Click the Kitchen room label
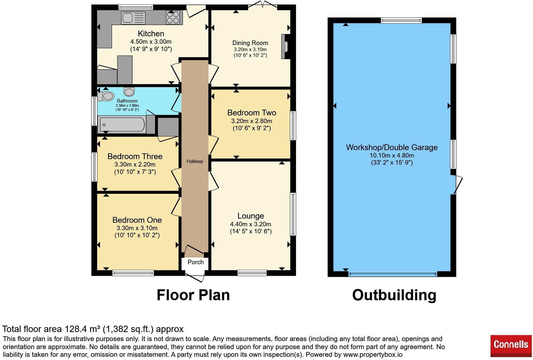click(x=151, y=33)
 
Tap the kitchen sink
click(x=133, y=18)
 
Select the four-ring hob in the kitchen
click(x=173, y=17)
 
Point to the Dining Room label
click(x=250, y=43)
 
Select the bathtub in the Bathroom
click(x=122, y=124)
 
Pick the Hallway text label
click(x=195, y=161)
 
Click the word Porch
click(x=196, y=262)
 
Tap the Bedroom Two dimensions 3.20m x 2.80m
click(x=252, y=121)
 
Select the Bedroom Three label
click(x=135, y=156)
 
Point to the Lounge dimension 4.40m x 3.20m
click(x=251, y=224)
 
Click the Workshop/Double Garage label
click(x=392, y=148)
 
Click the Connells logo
click(x=511, y=346)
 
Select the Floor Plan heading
click(x=193, y=295)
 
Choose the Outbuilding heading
click(x=394, y=295)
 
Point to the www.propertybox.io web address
click(x=373, y=355)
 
